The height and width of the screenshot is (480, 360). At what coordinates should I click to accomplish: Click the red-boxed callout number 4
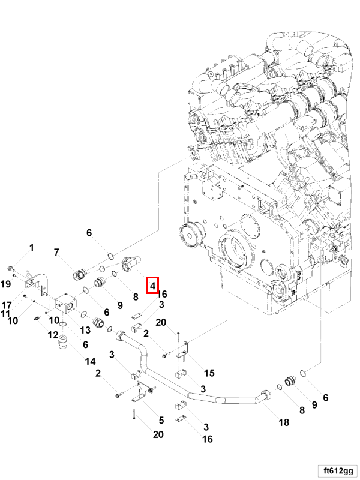pos(152,286)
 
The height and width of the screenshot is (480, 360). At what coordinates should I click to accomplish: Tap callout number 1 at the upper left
pos(32,247)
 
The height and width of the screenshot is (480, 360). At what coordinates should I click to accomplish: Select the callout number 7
pos(56,253)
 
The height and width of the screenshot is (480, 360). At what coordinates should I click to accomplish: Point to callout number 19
pos(5,283)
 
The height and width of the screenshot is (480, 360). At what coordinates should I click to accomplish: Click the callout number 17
pos(7,304)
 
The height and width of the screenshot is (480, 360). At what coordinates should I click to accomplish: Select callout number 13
pos(85,329)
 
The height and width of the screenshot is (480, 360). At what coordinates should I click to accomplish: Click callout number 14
pos(91,361)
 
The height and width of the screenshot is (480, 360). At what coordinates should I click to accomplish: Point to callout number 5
pos(160,420)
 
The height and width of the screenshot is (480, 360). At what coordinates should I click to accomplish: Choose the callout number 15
pos(209,374)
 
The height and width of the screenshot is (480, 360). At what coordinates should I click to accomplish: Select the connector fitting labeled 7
pos(79,275)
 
